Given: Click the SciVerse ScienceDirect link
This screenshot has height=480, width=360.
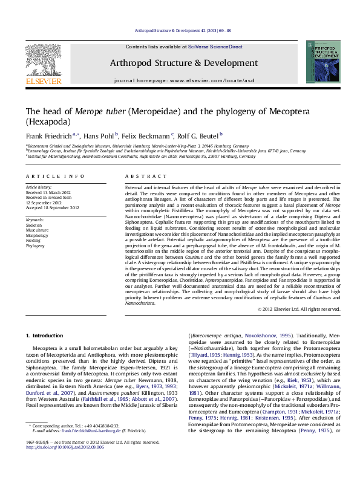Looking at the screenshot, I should coord(215,47).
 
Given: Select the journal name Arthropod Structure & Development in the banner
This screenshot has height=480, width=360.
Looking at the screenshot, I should coord(183,63).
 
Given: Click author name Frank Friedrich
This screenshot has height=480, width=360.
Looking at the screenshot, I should coord(48,136).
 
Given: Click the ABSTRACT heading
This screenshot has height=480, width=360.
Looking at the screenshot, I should coord(141,176).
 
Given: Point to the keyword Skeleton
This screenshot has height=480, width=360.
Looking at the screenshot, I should coord(33,225).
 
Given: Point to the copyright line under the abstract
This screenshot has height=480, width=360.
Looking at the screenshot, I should coord(299,309).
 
